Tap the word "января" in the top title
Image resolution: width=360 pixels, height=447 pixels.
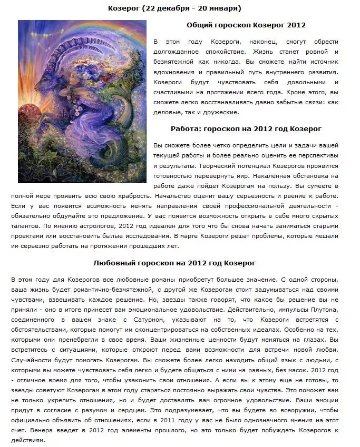[x=223, y=8]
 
